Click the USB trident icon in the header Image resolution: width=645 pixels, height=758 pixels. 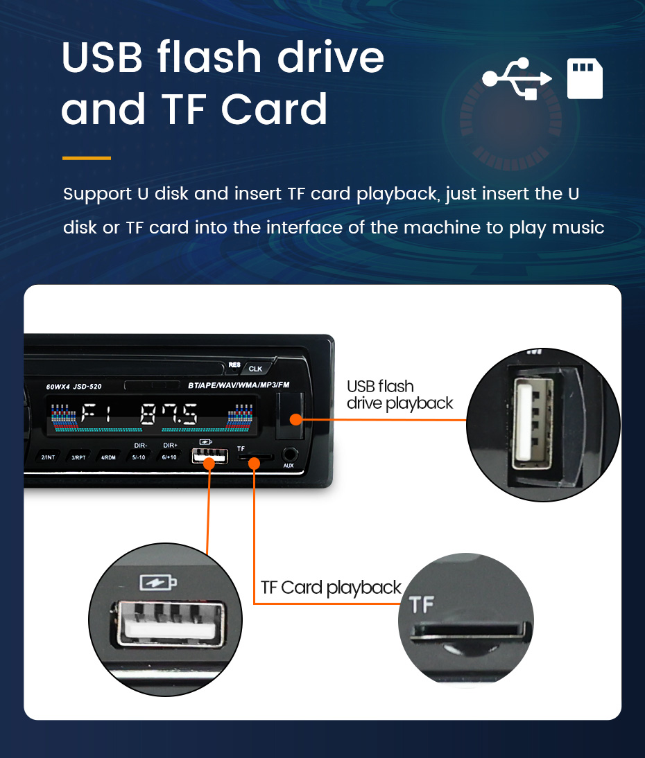(x=517, y=78)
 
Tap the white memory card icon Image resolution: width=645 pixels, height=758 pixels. (x=585, y=79)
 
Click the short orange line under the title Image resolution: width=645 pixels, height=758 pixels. (x=87, y=158)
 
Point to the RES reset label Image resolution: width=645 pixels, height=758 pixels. (x=234, y=365)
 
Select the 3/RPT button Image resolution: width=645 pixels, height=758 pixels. (x=78, y=457)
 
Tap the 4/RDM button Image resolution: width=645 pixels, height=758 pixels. (x=108, y=457)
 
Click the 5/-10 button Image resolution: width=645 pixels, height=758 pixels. (x=139, y=457)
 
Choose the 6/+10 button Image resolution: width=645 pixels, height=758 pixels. (x=169, y=457)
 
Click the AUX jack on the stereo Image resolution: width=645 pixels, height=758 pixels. (x=289, y=455)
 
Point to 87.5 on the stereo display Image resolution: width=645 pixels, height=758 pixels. (x=169, y=414)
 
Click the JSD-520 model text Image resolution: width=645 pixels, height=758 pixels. (x=87, y=386)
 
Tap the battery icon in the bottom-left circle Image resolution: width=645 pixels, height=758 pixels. (x=158, y=583)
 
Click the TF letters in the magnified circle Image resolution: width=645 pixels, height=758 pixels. (x=422, y=604)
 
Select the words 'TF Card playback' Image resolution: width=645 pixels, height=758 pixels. (x=331, y=588)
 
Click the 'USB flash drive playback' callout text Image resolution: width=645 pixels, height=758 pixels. (x=399, y=394)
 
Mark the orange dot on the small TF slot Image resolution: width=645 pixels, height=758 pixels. (x=254, y=464)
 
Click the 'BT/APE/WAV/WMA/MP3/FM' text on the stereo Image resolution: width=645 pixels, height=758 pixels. (x=239, y=385)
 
